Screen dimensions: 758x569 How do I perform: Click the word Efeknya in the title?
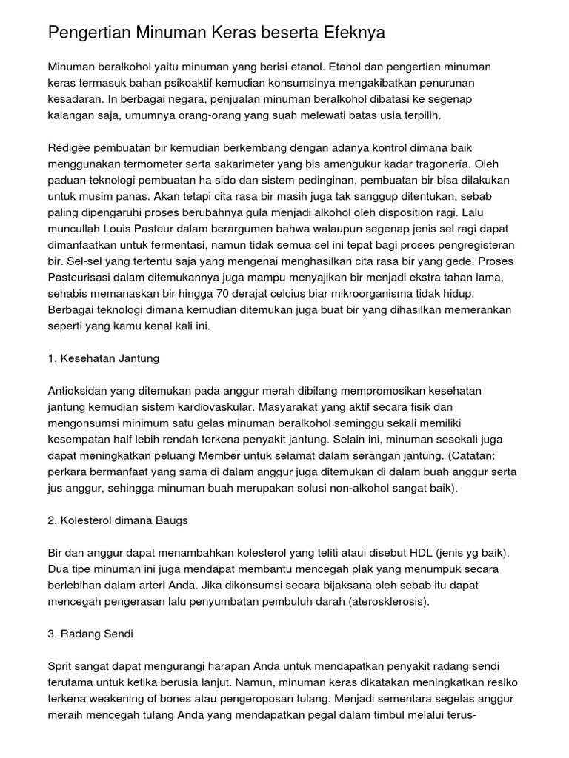354,33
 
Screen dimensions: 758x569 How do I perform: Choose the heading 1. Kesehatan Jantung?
103,358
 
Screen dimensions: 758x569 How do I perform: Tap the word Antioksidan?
79,389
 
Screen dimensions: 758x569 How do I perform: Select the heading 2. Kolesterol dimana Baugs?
117,520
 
